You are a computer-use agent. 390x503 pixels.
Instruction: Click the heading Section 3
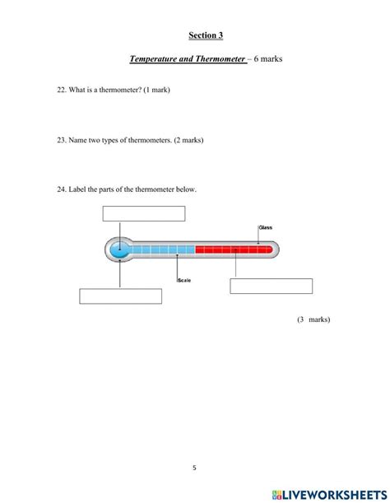(x=205, y=35)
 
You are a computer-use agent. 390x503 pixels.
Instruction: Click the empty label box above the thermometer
(x=143, y=214)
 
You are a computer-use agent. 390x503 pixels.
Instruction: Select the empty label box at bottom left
(x=120, y=296)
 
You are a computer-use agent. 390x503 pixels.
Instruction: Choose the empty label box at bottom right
(x=271, y=286)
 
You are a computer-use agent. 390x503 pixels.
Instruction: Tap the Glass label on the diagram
(x=265, y=227)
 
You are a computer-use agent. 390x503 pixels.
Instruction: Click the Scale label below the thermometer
(x=184, y=281)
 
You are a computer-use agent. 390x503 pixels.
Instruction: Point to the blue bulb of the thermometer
(x=120, y=249)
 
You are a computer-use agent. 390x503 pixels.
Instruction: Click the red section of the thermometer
(x=233, y=249)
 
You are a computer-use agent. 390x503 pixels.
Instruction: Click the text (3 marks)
(x=313, y=319)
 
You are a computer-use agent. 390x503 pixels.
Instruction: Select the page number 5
(x=195, y=468)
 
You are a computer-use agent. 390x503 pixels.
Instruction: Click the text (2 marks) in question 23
(x=184, y=140)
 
